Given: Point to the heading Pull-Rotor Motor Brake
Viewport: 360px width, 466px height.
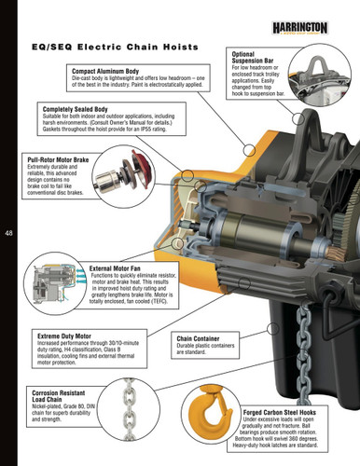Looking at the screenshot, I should pyautogui.click(x=64, y=160).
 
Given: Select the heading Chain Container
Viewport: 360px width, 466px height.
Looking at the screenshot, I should pyautogui.click(x=201, y=341).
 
